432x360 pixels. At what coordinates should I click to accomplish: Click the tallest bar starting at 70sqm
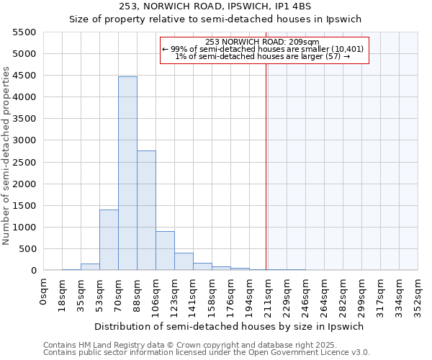(127, 173)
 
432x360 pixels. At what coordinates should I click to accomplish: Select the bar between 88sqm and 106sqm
(146, 210)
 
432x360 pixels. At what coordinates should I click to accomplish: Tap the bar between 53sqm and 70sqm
(109, 240)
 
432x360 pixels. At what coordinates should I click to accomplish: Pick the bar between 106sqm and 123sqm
(165, 251)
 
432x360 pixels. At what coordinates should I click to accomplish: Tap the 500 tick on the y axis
(28, 249)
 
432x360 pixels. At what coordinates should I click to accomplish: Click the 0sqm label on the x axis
(44, 290)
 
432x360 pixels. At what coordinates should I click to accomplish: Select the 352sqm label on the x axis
(418, 294)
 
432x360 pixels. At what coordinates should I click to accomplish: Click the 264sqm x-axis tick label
(325, 294)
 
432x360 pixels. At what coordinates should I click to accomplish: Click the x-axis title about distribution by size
(230, 326)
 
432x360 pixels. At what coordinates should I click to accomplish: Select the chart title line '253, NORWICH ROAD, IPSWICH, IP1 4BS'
(230, 7)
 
